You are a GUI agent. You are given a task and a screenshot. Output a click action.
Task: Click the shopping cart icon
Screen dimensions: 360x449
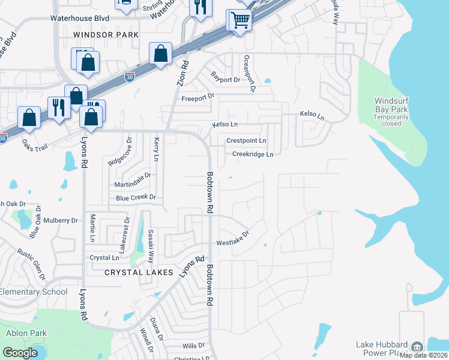tap(239, 20)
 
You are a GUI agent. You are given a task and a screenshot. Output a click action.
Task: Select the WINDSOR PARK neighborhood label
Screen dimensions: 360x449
tap(105, 35)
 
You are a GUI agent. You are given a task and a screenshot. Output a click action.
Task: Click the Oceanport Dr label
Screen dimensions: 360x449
tap(248, 74)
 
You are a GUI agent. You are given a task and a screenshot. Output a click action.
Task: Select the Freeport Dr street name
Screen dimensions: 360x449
tap(197, 97)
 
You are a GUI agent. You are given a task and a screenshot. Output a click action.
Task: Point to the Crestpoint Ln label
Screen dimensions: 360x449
tap(246, 140)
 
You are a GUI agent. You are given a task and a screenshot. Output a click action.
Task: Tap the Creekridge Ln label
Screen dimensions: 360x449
tap(253, 154)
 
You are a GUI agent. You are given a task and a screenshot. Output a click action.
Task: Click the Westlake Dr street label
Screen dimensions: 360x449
tap(233, 239)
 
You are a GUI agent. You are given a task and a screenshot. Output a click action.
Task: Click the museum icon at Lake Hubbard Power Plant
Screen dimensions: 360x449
tap(417, 347)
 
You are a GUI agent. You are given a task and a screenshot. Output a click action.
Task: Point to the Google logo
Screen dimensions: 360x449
tap(20, 352)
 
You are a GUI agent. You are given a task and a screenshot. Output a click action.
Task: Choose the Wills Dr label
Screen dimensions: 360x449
tap(193, 346)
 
